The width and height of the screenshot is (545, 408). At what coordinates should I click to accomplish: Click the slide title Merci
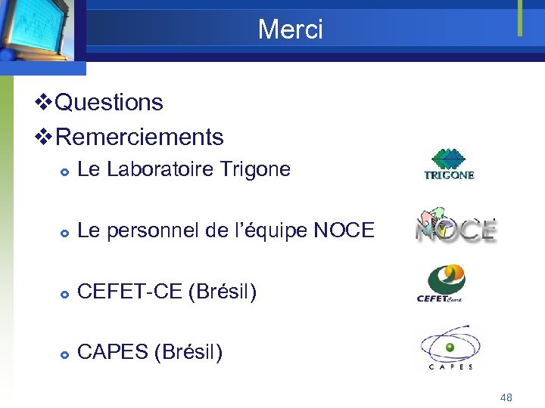(x=290, y=29)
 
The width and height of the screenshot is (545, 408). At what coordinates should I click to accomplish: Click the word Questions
(x=109, y=102)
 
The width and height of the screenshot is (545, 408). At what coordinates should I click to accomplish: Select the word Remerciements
(x=139, y=137)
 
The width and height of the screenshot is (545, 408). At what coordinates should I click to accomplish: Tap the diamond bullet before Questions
(x=45, y=102)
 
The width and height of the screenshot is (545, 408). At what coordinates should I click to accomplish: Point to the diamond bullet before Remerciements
(x=45, y=137)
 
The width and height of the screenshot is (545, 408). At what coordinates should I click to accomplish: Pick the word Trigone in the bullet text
(x=254, y=169)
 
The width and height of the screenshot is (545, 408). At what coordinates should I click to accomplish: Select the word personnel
(x=154, y=230)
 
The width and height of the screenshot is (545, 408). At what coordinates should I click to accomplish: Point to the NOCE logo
(x=455, y=227)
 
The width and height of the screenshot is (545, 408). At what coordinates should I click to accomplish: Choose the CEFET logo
(x=441, y=283)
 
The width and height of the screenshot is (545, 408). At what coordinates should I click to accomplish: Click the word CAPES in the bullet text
(x=113, y=352)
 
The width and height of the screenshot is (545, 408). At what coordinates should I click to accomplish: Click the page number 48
(x=506, y=397)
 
